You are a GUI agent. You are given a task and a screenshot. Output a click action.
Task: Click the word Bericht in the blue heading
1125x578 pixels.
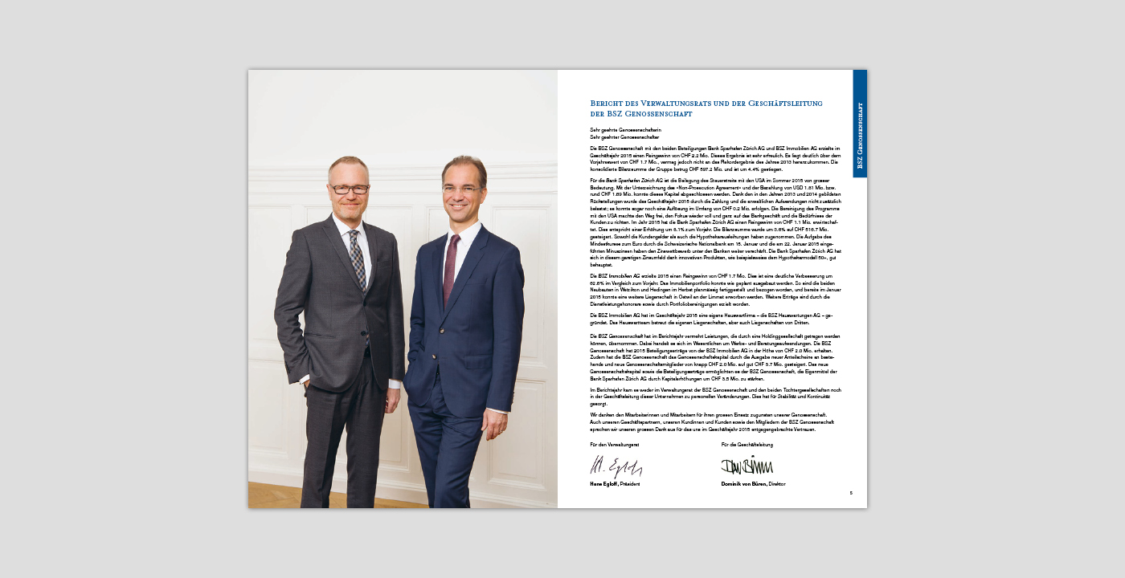coord(606,103)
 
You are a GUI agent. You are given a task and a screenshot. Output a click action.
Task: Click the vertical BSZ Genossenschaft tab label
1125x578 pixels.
coord(860,138)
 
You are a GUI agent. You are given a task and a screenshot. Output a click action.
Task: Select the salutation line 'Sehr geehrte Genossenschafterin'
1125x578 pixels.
coord(625,129)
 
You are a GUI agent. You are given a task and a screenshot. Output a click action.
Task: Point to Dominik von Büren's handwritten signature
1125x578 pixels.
coord(747,466)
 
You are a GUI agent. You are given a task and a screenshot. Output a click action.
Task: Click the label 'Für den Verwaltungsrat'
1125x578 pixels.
coord(614,445)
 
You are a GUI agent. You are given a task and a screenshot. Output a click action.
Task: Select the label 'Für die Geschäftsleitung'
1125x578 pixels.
coord(747,445)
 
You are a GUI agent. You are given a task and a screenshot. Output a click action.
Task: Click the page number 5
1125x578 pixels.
coord(851,493)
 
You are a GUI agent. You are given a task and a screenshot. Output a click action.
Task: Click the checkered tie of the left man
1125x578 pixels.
coord(358,257)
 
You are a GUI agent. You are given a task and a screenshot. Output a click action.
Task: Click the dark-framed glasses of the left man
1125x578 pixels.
coord(350,189)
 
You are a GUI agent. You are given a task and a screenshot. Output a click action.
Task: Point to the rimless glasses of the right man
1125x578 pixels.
coord(464,189)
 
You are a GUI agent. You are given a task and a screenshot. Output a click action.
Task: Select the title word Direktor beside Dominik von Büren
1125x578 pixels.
coord(777,484)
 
